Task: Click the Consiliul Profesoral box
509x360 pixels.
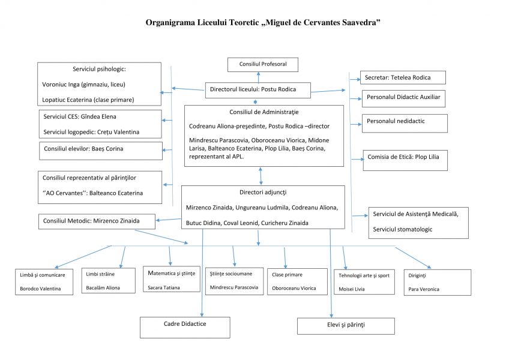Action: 263,65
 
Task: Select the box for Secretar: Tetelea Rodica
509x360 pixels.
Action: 403,77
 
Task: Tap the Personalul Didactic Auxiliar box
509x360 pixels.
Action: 403,98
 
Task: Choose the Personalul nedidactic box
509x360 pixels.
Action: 405,124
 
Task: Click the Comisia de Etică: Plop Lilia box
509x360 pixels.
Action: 405,160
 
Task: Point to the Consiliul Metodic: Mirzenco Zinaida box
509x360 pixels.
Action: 97,221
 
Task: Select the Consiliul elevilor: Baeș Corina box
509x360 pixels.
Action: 101,151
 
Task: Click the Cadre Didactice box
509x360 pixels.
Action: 185,328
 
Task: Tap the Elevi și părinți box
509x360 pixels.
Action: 346,326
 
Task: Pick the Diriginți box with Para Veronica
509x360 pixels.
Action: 437,283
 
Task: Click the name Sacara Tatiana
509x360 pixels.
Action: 164,287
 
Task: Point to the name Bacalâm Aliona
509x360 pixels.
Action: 103,287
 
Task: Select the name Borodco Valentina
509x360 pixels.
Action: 40,289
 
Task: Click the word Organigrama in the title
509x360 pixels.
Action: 170,23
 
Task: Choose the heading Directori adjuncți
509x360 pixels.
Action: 263,193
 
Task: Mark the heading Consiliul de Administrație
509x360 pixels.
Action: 264,112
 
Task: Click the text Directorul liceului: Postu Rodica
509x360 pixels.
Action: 253,89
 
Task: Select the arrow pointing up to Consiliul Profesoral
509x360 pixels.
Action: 258,77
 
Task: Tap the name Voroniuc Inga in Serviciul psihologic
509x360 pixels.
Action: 61,85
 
